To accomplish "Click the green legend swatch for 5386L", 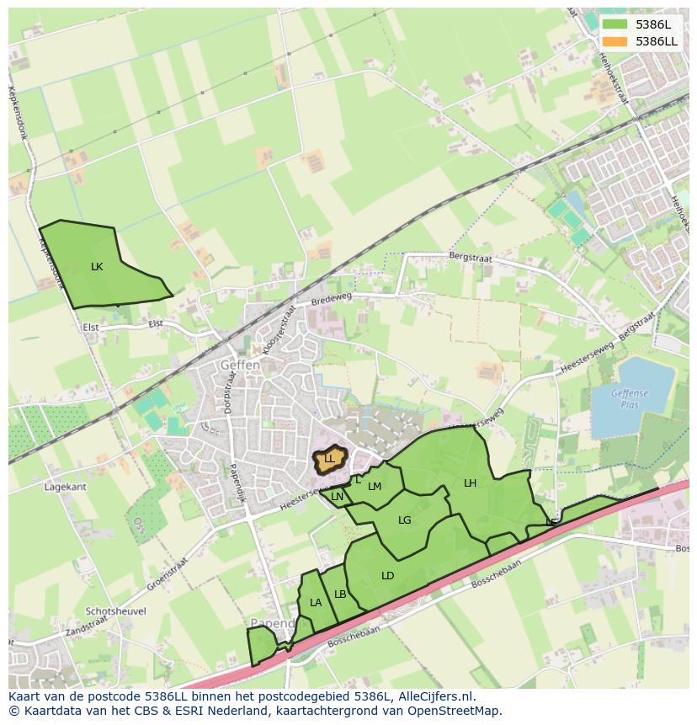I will (615, 24).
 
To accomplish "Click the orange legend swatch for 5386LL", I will (615, 41).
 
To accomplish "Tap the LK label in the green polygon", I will (97, 266).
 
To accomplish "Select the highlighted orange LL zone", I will (330, 458).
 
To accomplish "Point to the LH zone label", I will (470, 482).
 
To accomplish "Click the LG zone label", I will (405, 520).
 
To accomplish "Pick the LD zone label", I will (387, 576).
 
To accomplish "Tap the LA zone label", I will (316, 602).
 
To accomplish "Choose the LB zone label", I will (340, 594).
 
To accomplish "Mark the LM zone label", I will (375, 486).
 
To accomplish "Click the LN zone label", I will (337, 497).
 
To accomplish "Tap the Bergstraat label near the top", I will (469, 254).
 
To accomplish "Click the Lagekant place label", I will (66, 487).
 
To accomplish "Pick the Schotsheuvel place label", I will (115, 611).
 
